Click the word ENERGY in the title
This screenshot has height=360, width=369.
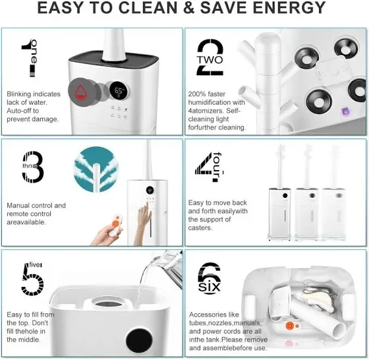289,8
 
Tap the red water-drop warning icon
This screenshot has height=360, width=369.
80,92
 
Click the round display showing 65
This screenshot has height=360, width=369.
119,91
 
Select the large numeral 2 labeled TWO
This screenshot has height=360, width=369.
210,57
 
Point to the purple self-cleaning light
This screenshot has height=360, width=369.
345,111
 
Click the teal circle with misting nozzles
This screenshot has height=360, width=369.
96,169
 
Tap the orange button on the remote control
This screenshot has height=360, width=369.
115,224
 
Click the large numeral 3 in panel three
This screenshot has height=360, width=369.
33,167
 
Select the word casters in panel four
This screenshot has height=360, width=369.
200,228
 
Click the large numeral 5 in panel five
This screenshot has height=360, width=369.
32,280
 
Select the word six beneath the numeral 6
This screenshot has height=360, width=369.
210,287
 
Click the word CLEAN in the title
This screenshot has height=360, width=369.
148,8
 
